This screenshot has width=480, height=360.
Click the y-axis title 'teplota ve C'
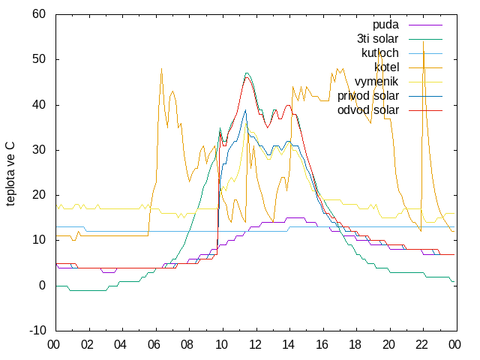pos(10,174)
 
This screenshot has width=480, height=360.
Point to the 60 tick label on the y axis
pos(39,14)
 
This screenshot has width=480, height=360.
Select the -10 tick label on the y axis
pos(37,331)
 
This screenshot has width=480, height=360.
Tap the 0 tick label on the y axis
pos(42,286)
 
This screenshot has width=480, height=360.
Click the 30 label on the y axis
pos(39,150)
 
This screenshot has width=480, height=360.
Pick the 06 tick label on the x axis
pos(154,345)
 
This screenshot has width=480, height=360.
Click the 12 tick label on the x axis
pos(255,345)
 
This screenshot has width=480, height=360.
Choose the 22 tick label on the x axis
pos(421,345)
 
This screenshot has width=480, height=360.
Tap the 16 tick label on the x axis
pos(322,345)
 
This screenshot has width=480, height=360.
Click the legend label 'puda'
pos(385,25)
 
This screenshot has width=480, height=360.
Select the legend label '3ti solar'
pos(378,39)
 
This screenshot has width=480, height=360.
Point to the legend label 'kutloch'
pos(380,53)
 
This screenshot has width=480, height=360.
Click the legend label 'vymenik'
pos(376,82)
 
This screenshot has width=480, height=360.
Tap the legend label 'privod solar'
pos(368,96)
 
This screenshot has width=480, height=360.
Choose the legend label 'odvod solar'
pos(368,110)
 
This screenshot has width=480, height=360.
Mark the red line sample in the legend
pos(425,110)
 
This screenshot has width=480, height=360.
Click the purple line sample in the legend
pos(425,25)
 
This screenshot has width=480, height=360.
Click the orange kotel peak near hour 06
pos(162,68)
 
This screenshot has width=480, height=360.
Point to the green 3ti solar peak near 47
pos(247,73)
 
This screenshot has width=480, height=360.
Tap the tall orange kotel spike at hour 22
pos(423,42)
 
